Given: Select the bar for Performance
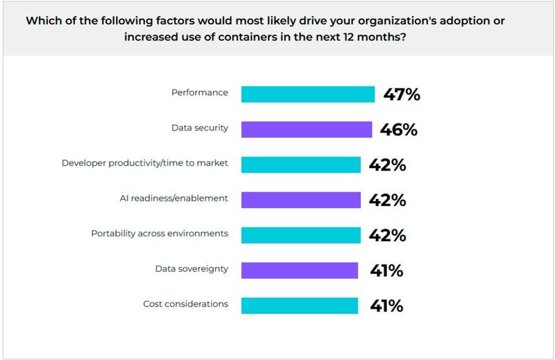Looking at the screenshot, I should pyautogui.click(x=308, y=94).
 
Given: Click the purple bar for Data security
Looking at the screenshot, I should pyautogui.click(x=307, y=129).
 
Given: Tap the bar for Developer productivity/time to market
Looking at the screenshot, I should pyautogui.click(x=300, y=164).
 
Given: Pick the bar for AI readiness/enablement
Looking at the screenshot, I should pyautogui.click(x=300, y=200).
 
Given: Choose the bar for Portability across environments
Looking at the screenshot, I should pyautogui.click(x=300, y=234).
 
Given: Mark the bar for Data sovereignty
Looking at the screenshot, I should pyautogui.click(x=299, y=270).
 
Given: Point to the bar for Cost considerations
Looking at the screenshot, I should pyautogui.click(x=299, y=305).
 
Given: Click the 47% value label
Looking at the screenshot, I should pyautogui.click(x=402, y=94).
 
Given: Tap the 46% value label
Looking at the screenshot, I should pyautogui.click(x=399, y=129).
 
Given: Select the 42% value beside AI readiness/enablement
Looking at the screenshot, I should pyautogui.click(x=388, y=200).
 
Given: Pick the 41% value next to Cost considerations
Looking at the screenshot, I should pyautogui.click(x=385, y=305).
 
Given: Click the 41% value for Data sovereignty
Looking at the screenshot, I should pyautogui.click(x=385, y=270).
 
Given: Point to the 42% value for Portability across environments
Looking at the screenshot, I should pyautogui.click(x=388, y=234).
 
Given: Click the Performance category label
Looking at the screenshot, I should pyautogui.click(x=200, y=92).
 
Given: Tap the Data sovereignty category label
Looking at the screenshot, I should pyautogui.click(x=190, y=268).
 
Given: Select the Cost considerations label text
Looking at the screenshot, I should pyautogui.click(x=185, y=304).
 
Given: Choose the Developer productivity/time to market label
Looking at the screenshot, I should pyautogui.click(x=145, y=163).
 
